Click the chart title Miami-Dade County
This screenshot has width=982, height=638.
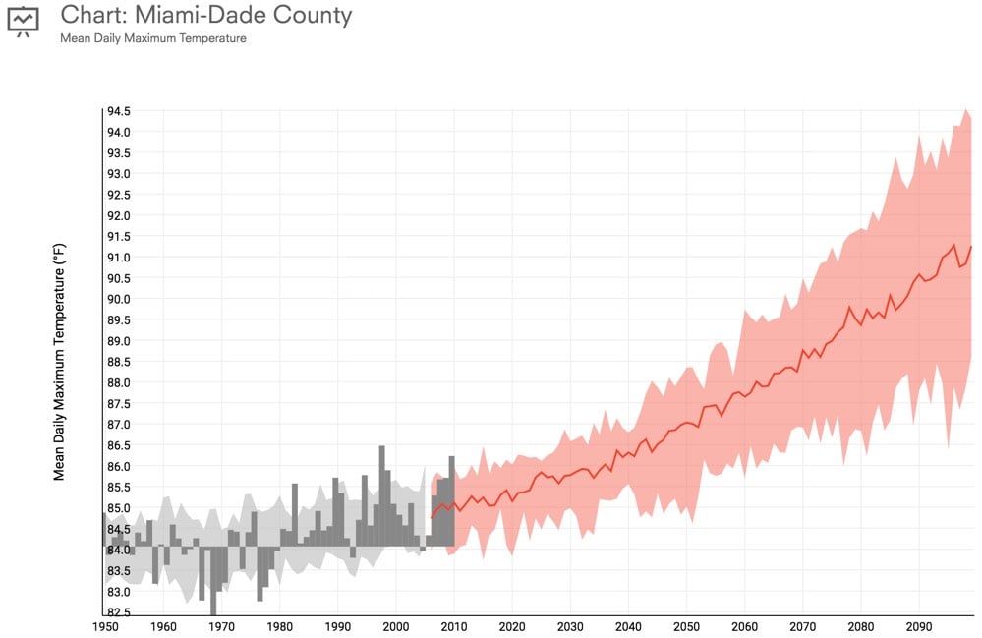click(x=205, y=16)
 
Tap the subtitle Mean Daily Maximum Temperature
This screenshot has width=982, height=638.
click(x=153, y=38)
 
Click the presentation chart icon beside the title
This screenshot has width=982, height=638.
click(x=24, y=21)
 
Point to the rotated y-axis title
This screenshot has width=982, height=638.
click(x=59, y=361)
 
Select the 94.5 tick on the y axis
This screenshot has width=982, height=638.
click(x=118, y=111)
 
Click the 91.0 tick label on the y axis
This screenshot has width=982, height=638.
click(x=118, y=258)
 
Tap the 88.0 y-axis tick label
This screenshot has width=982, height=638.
click(x=118, y=382)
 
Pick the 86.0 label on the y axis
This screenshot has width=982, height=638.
click(x=118, y=466)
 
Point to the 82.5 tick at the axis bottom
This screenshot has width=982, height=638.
click(x=118, y=612)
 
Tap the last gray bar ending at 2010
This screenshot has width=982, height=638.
click(x=451, y=501)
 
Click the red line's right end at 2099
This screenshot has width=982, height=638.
click(x=971, y=247)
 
